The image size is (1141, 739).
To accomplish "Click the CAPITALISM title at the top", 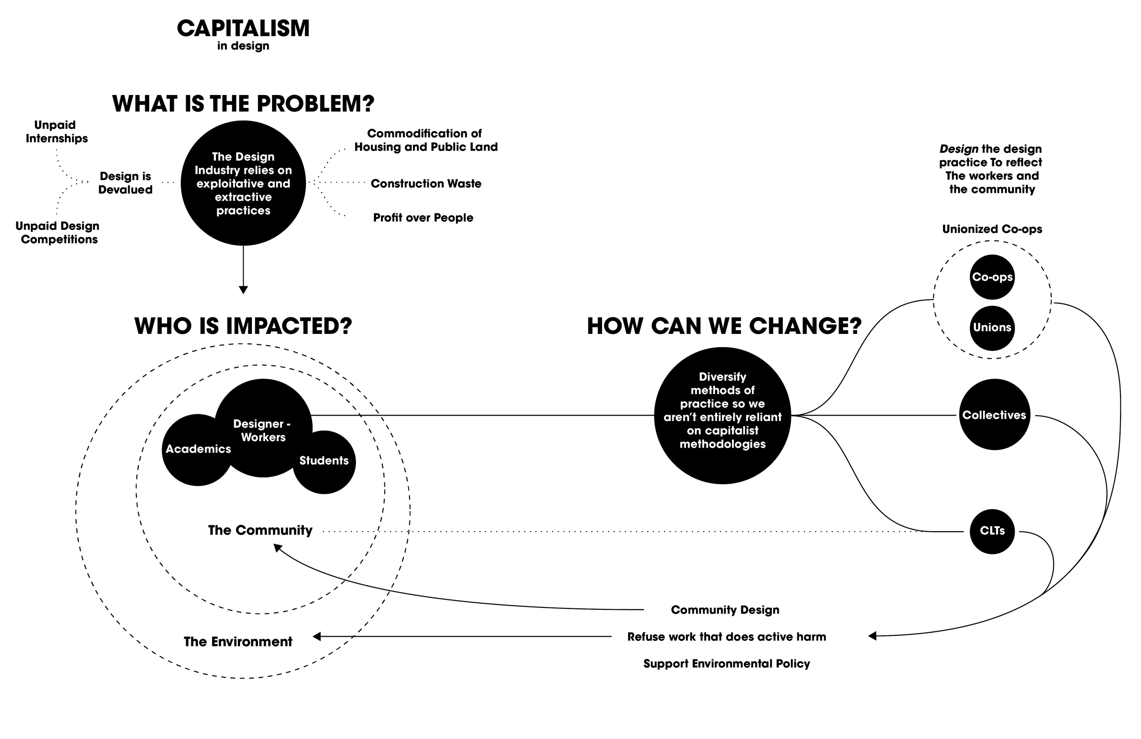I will tap(243, 29).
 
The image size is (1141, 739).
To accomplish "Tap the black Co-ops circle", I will tap(992, 277).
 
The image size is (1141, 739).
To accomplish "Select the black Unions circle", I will tap(992, 328).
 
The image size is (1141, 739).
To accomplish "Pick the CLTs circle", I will tap(992, 532).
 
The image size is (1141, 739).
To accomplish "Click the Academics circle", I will tap(198, 449).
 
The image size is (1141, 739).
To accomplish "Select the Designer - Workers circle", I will tap(263, 429).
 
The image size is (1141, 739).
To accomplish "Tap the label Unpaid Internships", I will tap(57, 132).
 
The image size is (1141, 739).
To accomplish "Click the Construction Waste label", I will tap(426, 184).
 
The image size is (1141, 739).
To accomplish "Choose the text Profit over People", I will tap(423, 218).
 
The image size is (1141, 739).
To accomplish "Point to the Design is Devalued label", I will tap(125, 183).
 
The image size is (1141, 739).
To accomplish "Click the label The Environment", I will tap(238, 642).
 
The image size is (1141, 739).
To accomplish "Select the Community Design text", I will tap(725, 610).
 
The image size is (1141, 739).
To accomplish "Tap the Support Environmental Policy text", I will tap(726, 664).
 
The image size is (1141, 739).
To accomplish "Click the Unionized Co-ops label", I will tap(992, 229).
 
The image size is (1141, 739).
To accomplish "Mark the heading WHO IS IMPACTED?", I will tap(243, 326).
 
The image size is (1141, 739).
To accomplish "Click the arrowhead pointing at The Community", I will tap(277, 548).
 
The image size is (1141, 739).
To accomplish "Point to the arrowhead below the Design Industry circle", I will tap(243, 290).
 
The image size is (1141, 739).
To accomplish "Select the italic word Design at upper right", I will tap(958, 149).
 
